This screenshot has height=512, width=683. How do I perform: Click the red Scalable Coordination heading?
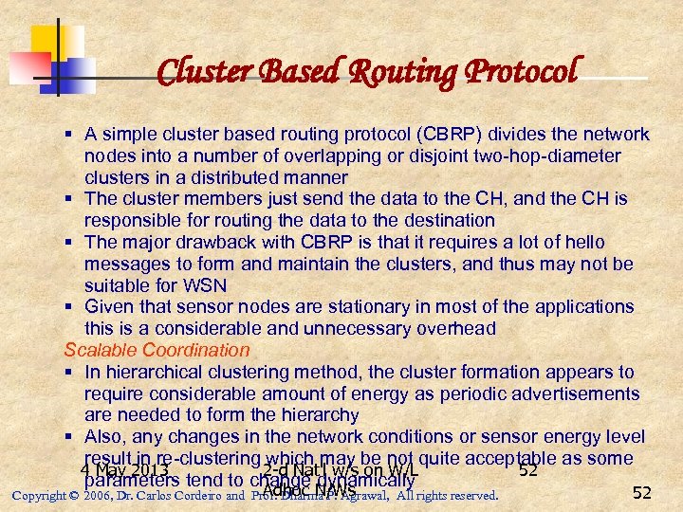click(x=157, y=350)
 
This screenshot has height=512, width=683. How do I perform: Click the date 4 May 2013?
click(x=124, y=470)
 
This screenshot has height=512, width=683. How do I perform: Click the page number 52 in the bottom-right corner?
click(x=642, y=492)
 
